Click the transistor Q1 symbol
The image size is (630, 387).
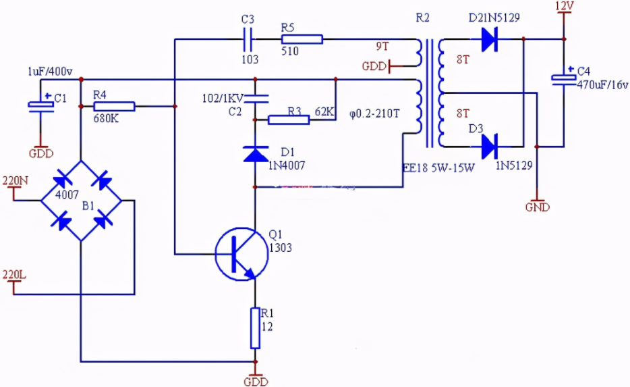pos(241,254)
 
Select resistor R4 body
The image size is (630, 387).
pos(114,106)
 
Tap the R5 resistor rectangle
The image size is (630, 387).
pos(302,39)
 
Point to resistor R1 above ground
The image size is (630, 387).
pos(255,328)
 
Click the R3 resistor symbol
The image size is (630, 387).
pos(289,120)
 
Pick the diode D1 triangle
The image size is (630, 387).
pos(256,154)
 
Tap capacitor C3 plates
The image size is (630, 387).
pos(248,39)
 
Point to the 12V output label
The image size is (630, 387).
pos(564,6)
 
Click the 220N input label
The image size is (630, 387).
pos(16,180)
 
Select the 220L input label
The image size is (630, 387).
pos(14,275)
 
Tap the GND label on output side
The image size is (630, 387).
pos(537,207)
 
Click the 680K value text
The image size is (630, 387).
pos(106,119)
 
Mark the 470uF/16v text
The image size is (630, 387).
pos(602,84)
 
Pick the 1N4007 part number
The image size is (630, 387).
pos(287,165)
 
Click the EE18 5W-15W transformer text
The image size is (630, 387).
pos(438,167)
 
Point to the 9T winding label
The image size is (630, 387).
pos(382,47)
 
